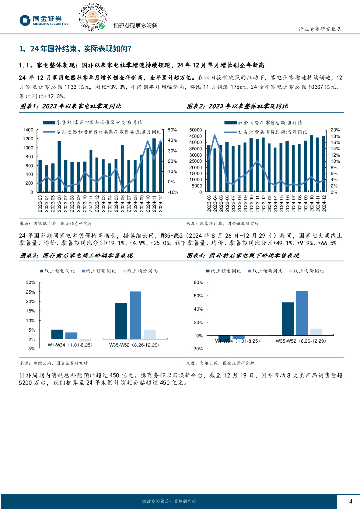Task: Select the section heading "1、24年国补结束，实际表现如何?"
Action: pos(75,49)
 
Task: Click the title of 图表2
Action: pos(237,106)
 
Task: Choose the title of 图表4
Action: pos(243,255)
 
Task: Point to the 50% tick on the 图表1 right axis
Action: pos(172,130)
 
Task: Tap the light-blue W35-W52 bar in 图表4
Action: pos(316,332)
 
